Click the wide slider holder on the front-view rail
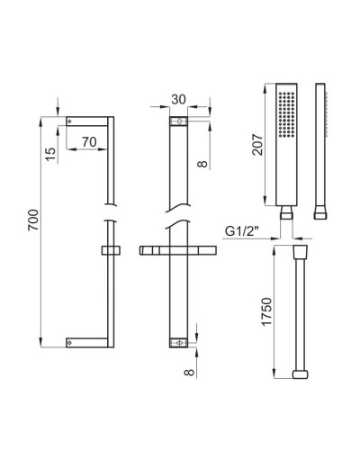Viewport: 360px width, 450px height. (x=181, y=250)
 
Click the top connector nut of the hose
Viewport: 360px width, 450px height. (x=302, y=247)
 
